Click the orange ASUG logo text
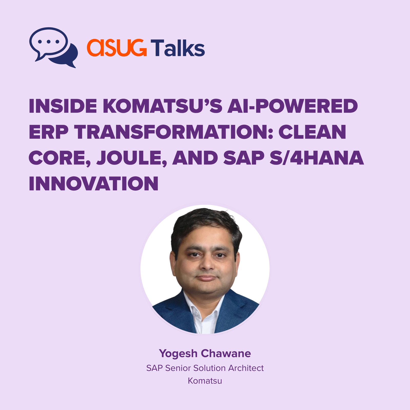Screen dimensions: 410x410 [117, 48]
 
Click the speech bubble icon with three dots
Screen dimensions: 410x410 [54, 47]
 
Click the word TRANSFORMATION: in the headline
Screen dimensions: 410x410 [173, 132]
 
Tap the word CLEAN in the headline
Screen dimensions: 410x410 [312, 132]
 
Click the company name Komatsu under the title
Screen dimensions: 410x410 [205, 381]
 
